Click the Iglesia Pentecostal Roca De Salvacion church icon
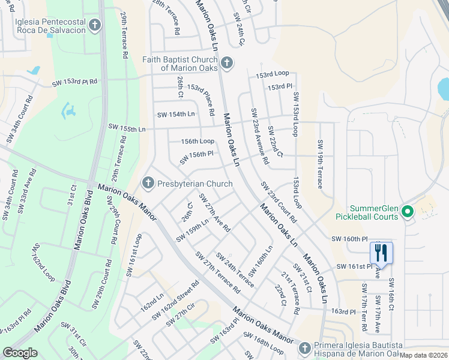(x=95, y=25)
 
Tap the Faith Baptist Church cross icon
(x=226, y=62)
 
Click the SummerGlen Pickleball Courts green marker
(x=407, y=211)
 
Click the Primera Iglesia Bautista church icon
(x=305, y=348)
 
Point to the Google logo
(x=20, y=353)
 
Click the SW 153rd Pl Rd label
(x=75, y=82)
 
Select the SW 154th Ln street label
(x=176, y=114)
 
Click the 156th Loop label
(x=197, y=141)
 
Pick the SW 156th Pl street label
(x=196, y=158)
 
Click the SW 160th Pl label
(x=349, y=238)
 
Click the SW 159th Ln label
(x=192, y=230)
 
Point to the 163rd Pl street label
(x=344, y=311)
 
